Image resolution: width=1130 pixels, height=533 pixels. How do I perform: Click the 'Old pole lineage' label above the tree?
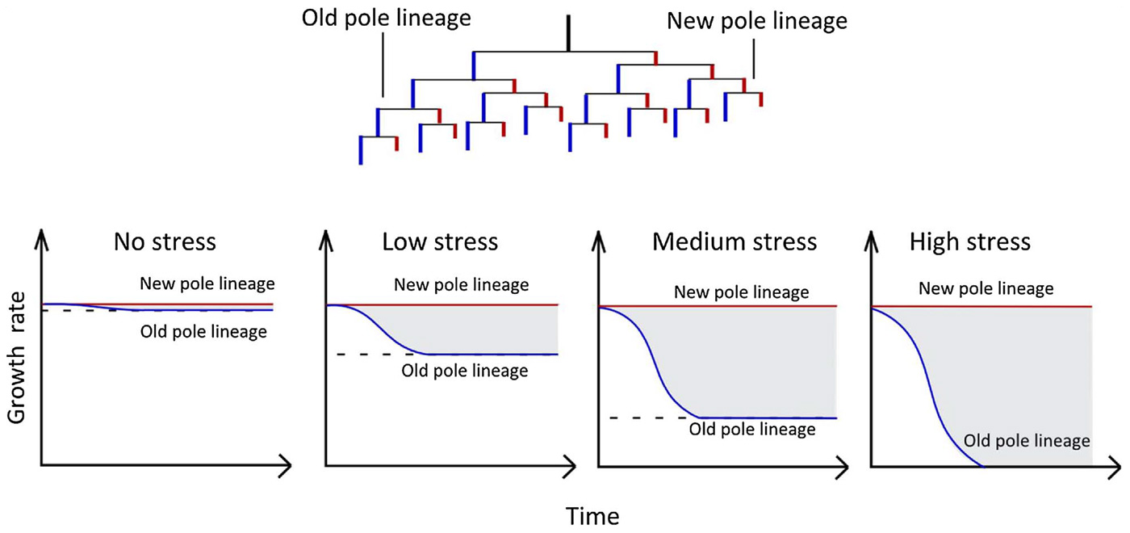coord(386,19)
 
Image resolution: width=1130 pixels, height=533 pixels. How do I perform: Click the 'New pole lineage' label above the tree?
coord(756,21)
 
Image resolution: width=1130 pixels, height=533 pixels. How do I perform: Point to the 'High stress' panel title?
coord(969,242)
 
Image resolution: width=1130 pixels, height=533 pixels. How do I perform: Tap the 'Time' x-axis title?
coord(592,515)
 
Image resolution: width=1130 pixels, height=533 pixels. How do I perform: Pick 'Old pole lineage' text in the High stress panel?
coord(1027,441)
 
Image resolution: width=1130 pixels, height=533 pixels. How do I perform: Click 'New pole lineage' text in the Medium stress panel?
coord(741,292)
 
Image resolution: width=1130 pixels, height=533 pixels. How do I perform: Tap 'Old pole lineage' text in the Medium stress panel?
coord(752,430)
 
